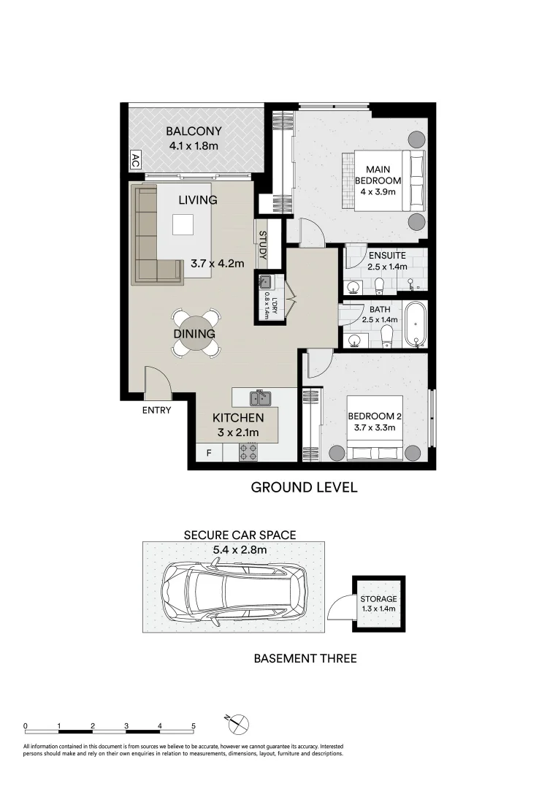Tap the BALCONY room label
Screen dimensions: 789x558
pyautogui.click(x=194, y=132)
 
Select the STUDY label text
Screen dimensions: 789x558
pyautogui.click(x=262, y=247)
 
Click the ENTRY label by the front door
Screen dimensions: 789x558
pyautogui.click(x=156, y=410)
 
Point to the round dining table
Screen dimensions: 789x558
pyautogui.click(x=194, y=334)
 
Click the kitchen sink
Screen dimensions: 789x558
pyautogui.click(x=261, y=398)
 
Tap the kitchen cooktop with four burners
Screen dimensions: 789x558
pyautogui.click(x=248, y=452)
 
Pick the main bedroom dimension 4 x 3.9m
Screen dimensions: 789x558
pyautogui.click(x=378, y=192)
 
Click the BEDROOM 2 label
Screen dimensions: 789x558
pyautogui.click(x=375, y=416)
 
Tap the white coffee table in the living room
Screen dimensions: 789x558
pyautogui.click(x=183, y=224)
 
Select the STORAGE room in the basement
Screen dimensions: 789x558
pyautogui.click(x=378, y=603)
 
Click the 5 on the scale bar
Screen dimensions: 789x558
pyautogui.click(x=194, y=726)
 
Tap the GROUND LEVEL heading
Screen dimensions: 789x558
pyautogui.click(x=304, y=487)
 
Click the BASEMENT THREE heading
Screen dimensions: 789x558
pyautogui.click(x=305, y=658)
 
